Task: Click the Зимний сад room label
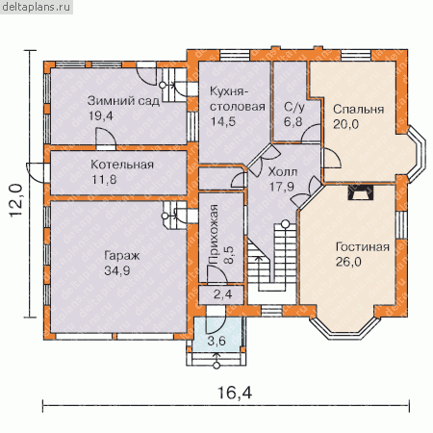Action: pos(123,101)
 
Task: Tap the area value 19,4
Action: pos(101,115)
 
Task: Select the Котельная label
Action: pos(122,165)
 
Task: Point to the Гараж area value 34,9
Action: pos(117,270)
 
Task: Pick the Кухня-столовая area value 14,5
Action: pos(223,121)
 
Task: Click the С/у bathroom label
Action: pos(294,108)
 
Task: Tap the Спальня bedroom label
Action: pos(358,110)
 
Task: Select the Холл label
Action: pos(283,172)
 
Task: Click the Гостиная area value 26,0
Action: pos(348,262)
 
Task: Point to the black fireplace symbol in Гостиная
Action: pos(361,192)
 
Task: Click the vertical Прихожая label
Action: pos(214,234)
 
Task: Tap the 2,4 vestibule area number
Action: pos(223,294)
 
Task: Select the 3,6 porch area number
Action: pos(216,341)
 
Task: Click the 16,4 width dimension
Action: pos(235,393)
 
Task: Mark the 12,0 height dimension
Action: pos(16,200)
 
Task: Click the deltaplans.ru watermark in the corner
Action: pos(36,7)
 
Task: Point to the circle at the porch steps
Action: pos(216,366)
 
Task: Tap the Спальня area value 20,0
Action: pos(345,124)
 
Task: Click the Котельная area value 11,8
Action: pos(104,180)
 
